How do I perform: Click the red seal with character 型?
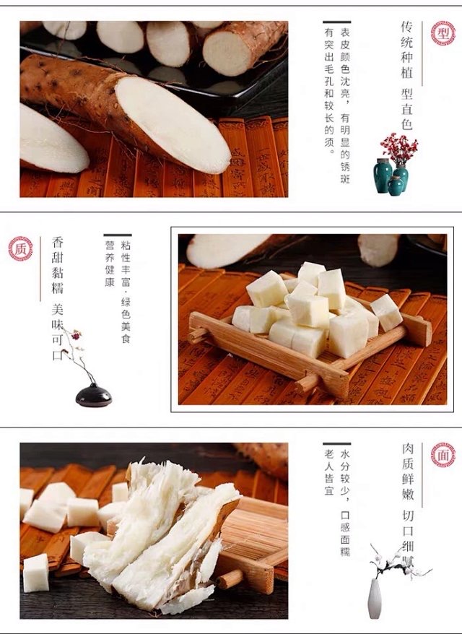coord(443,33)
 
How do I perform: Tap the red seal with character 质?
coord(21,248)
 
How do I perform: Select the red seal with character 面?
coord(443,455)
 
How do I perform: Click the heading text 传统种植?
coord(406,49)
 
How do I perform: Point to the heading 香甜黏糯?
coord(58,265)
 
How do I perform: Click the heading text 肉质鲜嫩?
coord(408,472)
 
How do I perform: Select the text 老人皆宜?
coord(329,472)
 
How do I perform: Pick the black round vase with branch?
coord(93,395)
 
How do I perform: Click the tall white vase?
coord(375,599)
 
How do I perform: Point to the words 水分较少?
coord(345,472)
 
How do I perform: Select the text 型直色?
coord(406,109)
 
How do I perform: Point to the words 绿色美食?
coord(126,320)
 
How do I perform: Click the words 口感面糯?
coord(345,534)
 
